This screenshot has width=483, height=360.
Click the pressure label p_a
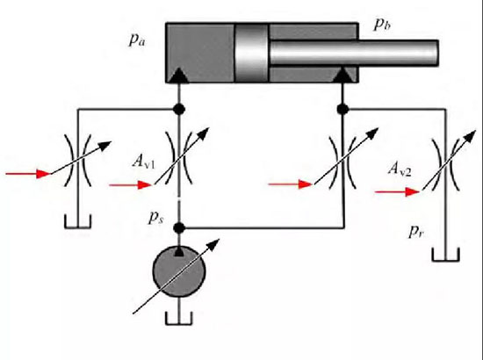(x=136, y=40)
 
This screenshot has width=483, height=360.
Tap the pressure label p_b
(x=382, y=25)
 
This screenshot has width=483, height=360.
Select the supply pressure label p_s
(x=156, y=218)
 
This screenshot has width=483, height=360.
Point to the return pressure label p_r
(x=416, y=232)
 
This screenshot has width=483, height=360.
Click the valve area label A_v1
(x=144, y=161)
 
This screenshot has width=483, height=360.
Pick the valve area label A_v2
(x=400, y=169)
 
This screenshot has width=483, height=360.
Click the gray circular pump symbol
(x=179, y=271)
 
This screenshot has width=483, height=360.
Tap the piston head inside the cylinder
(x=252, y=53)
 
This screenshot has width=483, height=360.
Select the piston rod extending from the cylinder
(x=354, y=53)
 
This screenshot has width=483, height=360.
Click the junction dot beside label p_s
(x=179, y=228)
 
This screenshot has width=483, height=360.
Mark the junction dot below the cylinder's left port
(x=179, y=109)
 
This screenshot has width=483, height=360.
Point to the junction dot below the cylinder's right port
(x=342, y=109)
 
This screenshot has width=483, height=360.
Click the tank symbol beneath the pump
(x=179, y=319)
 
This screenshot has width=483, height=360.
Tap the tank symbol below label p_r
(x=446, y=255)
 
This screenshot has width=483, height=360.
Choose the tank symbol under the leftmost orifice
(x=77, y=222)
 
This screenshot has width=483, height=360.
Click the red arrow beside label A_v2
(x=397, y=192)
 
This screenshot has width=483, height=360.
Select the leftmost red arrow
(x=28, y=174)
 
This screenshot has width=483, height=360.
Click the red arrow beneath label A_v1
(x=131, y=185)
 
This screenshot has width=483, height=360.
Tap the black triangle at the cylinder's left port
(x=178, y=76)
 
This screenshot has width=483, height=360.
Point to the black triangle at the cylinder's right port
(x=342, y=76)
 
